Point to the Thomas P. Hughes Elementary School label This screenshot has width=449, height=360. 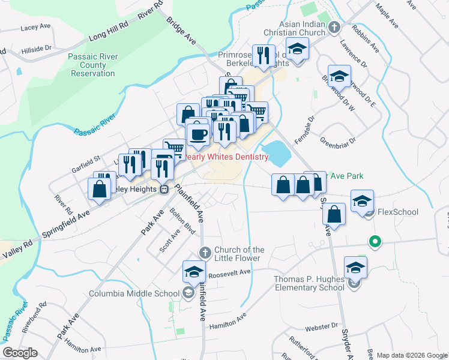point(309,283)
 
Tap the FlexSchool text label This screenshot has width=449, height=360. point(398,212)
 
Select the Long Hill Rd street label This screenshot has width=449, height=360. point(109,28)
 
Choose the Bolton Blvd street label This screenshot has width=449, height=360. point(182,221)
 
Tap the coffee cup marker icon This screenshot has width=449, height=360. point(198,134)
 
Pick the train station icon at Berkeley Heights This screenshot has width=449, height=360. point(164,189)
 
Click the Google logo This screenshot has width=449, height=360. point(20,352)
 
